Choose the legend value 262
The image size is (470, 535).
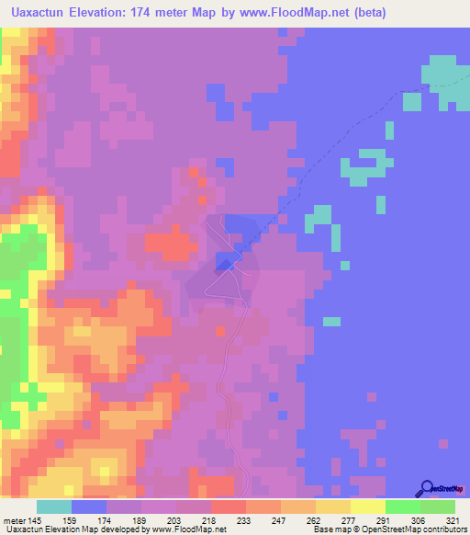coord(314,519)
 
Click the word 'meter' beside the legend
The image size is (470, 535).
coord(16,519)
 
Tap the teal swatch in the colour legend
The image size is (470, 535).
coord(54,507)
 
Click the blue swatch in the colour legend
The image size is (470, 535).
coord(89,507)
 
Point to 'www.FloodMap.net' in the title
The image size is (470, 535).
coord(297,13)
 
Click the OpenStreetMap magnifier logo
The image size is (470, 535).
coord(427,489)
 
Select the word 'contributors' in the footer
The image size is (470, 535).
coord(444,530)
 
